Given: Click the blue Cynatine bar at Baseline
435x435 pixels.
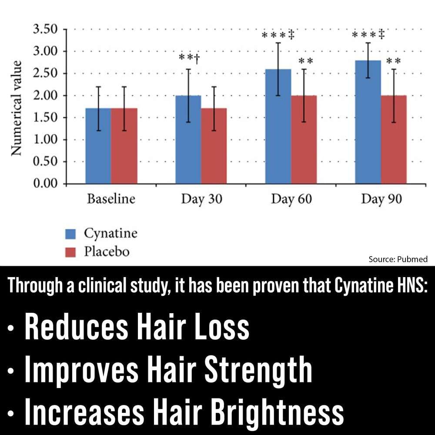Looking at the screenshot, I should tap(98, 146).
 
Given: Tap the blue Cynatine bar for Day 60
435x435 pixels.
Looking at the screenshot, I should tap(278, 126).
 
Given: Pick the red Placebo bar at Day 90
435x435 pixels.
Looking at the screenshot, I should tap(394, 139).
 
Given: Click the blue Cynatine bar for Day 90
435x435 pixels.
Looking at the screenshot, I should tap(368, 122).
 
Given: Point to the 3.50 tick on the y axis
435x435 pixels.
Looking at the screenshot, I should tap(45, 30).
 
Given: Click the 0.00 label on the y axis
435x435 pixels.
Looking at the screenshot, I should tap(45, 184).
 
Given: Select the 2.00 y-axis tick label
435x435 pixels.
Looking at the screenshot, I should tap(45, 95).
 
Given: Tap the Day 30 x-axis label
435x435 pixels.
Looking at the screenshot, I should tap(201, 200).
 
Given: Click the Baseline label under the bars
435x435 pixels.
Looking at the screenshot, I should tap(111, 200).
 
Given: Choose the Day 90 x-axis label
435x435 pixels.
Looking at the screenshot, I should tap(381, 200).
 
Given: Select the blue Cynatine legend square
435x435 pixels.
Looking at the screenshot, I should tap(70, 234).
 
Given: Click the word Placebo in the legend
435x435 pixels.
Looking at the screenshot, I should tap(107, 251).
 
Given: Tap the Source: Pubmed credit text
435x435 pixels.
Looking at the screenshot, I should tap(398, 259).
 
